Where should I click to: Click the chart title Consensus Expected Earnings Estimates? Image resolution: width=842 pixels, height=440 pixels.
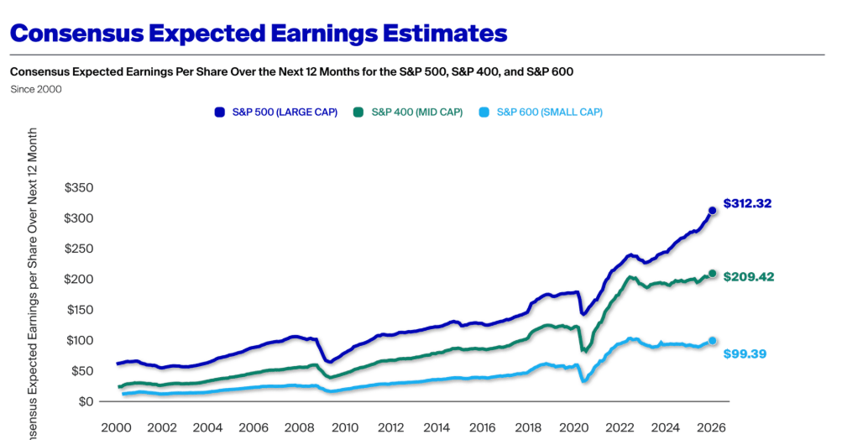259,33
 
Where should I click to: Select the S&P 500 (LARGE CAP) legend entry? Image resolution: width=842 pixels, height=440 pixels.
285,113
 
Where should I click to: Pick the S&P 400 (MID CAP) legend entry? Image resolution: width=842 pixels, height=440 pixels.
416,113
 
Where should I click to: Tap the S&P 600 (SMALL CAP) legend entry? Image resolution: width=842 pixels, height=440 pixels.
549,113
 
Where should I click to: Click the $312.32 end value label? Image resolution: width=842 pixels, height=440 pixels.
747,203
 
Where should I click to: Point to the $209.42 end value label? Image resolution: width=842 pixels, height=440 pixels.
747,275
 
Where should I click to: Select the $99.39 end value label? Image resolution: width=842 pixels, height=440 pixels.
745,354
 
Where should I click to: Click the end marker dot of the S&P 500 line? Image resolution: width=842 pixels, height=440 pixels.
713,211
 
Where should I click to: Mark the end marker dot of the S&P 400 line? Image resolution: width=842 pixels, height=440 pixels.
713,274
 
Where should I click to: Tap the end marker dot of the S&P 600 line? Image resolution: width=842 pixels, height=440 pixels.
713,341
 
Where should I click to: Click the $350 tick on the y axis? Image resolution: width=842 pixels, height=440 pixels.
79,188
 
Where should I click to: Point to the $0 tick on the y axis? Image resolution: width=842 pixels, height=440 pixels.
86,401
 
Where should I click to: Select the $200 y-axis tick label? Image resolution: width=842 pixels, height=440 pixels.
79,280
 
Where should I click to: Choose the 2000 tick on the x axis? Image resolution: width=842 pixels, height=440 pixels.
116,427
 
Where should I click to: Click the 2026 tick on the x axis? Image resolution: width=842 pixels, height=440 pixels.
711,427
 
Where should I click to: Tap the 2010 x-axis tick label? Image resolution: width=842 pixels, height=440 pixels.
344,427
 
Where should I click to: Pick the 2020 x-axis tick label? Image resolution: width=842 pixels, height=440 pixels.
573,427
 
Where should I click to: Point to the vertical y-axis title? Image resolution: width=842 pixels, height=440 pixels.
33,285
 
